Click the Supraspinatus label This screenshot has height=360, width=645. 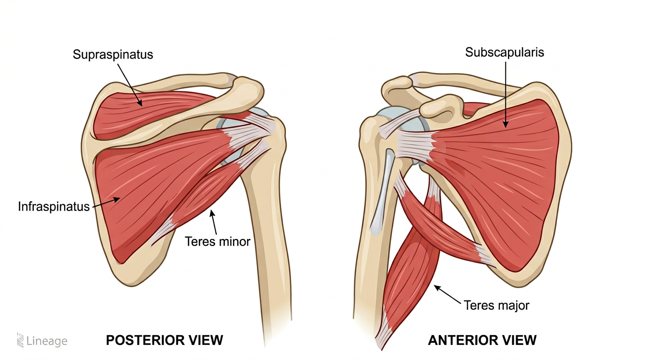pos(112,55)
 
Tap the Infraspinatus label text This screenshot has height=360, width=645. pos(54,206)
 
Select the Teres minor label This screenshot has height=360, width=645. pos(218,241)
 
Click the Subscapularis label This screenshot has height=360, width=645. pos(504,52)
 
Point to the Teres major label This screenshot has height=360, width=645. pos(496,306)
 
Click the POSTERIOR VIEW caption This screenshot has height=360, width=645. pos(165,340)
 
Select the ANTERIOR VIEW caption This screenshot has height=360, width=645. pos(482,340)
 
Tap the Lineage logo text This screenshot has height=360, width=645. pos(46,341)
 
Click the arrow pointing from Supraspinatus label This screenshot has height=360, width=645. pos(129,84)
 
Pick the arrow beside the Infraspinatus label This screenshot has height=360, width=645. pos(105,202)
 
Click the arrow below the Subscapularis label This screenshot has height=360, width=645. pos(505,94)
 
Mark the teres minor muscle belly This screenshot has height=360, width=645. pos(206,197)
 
